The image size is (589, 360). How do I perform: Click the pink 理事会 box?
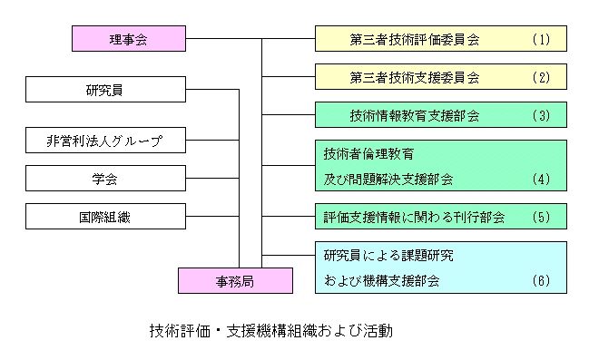pyautogui.click(x=128, y=39)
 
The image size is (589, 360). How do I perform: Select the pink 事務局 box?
pyautogui.click(x=236, y=280)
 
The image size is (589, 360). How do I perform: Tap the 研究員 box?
pyautogui.click(x=106, y=91)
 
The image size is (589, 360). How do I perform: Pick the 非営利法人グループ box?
pyautogui.click(x=106, y=141)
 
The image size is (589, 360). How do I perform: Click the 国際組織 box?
pyautogui.click(x=106, y=217)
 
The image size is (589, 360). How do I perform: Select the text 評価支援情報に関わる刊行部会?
pyautogui.click(x=414, y=218)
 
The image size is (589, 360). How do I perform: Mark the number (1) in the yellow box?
pyautogui.click(x=541, y=40)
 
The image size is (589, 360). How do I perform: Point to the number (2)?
pyautogui.click(x=541, y=78)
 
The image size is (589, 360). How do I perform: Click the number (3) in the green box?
pyautogui.click(x=541, y=116)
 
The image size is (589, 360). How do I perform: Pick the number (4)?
pyautogui.click(x=541, y=179)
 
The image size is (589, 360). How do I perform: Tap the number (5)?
pyautogui.click(x=541, y=218)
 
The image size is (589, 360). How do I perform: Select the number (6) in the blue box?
pyautogui.click(x=541, y=281)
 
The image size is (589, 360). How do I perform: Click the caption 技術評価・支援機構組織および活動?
pyautogui.click(x=270, y=330)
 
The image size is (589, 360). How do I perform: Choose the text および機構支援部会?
pyautogui.click(x=381, y=281)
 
